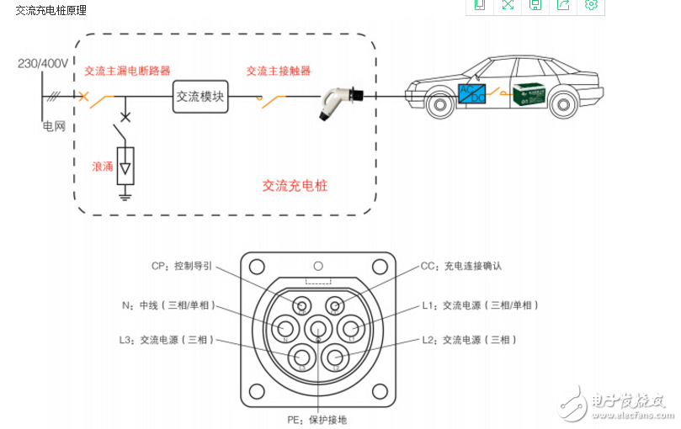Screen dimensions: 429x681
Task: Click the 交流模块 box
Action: click(x=200, y=97)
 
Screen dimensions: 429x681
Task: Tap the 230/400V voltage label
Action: click(x=42, y=64)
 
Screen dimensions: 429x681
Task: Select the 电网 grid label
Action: click(x=54, y=127)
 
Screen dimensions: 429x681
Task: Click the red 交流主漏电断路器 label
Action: click(x=127, y=71)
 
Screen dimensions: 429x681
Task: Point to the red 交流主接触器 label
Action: click(x=278, y=71)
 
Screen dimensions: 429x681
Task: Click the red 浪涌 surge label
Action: click(x=102, y=167)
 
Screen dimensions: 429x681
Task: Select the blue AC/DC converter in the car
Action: click(x=471, y=93)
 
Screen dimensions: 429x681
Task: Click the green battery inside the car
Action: click(x=530, y=94)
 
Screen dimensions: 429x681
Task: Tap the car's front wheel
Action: click(x=437, y=105)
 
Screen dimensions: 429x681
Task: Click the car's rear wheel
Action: click(x=561, y=105)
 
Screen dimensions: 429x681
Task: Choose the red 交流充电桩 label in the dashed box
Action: click(x=295, y=186)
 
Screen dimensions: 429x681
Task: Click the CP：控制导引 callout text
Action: click(x=182, y=266)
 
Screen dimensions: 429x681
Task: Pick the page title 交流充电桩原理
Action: click(x=51, y=10)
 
